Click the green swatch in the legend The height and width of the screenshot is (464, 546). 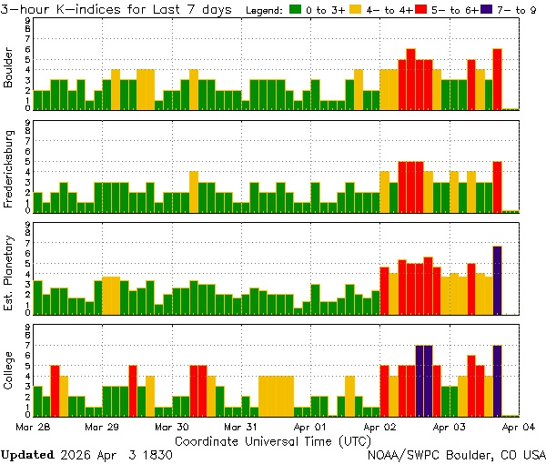[296, 10]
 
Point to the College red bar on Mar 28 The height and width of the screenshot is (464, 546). [55, 390]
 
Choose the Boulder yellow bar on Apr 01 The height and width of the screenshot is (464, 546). [359, 89]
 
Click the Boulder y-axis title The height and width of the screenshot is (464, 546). [9, 69]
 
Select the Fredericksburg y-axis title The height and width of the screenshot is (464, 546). [9, 168]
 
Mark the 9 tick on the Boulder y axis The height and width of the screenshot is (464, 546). [27, 21]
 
